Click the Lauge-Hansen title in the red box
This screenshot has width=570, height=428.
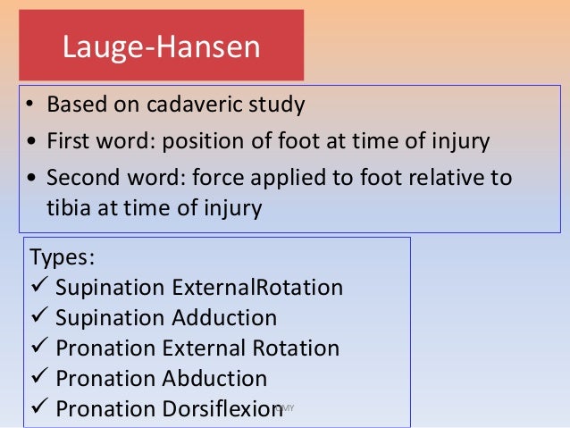[161, 46]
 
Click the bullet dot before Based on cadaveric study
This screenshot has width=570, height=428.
[30, 105]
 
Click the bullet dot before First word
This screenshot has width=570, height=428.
[30, 142]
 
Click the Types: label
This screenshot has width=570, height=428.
[63, 258]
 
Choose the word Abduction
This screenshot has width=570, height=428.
[214, 378]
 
